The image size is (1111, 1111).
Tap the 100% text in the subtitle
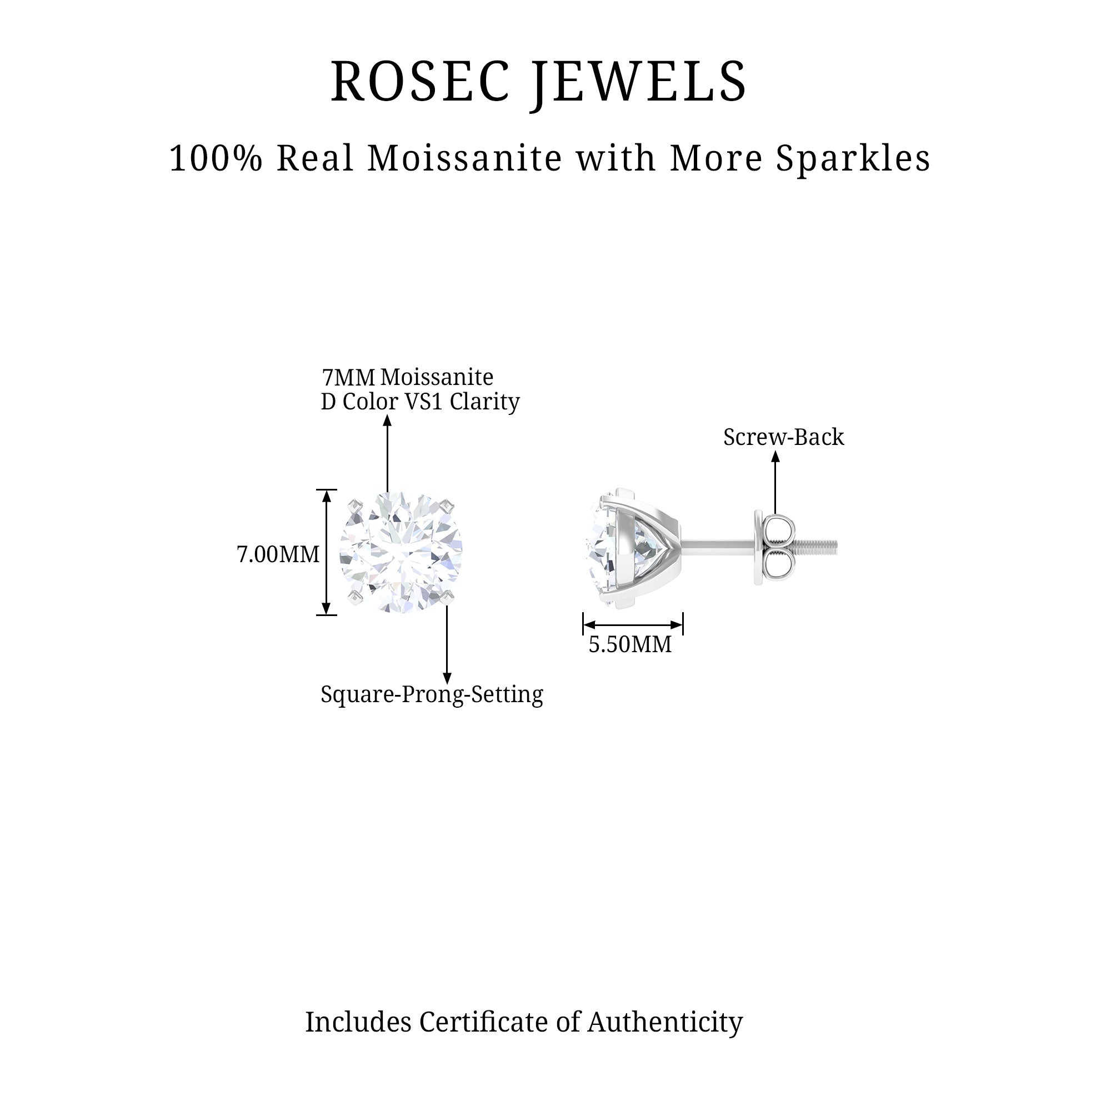click(216, 158)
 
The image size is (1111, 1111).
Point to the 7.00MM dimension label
click(278, 555)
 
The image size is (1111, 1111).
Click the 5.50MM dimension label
click(630, 644)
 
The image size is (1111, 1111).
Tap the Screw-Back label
click(783, 437)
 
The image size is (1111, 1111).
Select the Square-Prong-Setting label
click(431, 695)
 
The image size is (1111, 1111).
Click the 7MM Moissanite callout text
click(407, 377)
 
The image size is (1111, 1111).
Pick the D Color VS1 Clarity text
click(420, 402)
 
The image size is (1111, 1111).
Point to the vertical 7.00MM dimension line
click(327, 552)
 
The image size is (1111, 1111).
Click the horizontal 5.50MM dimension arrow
click(633, 624)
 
